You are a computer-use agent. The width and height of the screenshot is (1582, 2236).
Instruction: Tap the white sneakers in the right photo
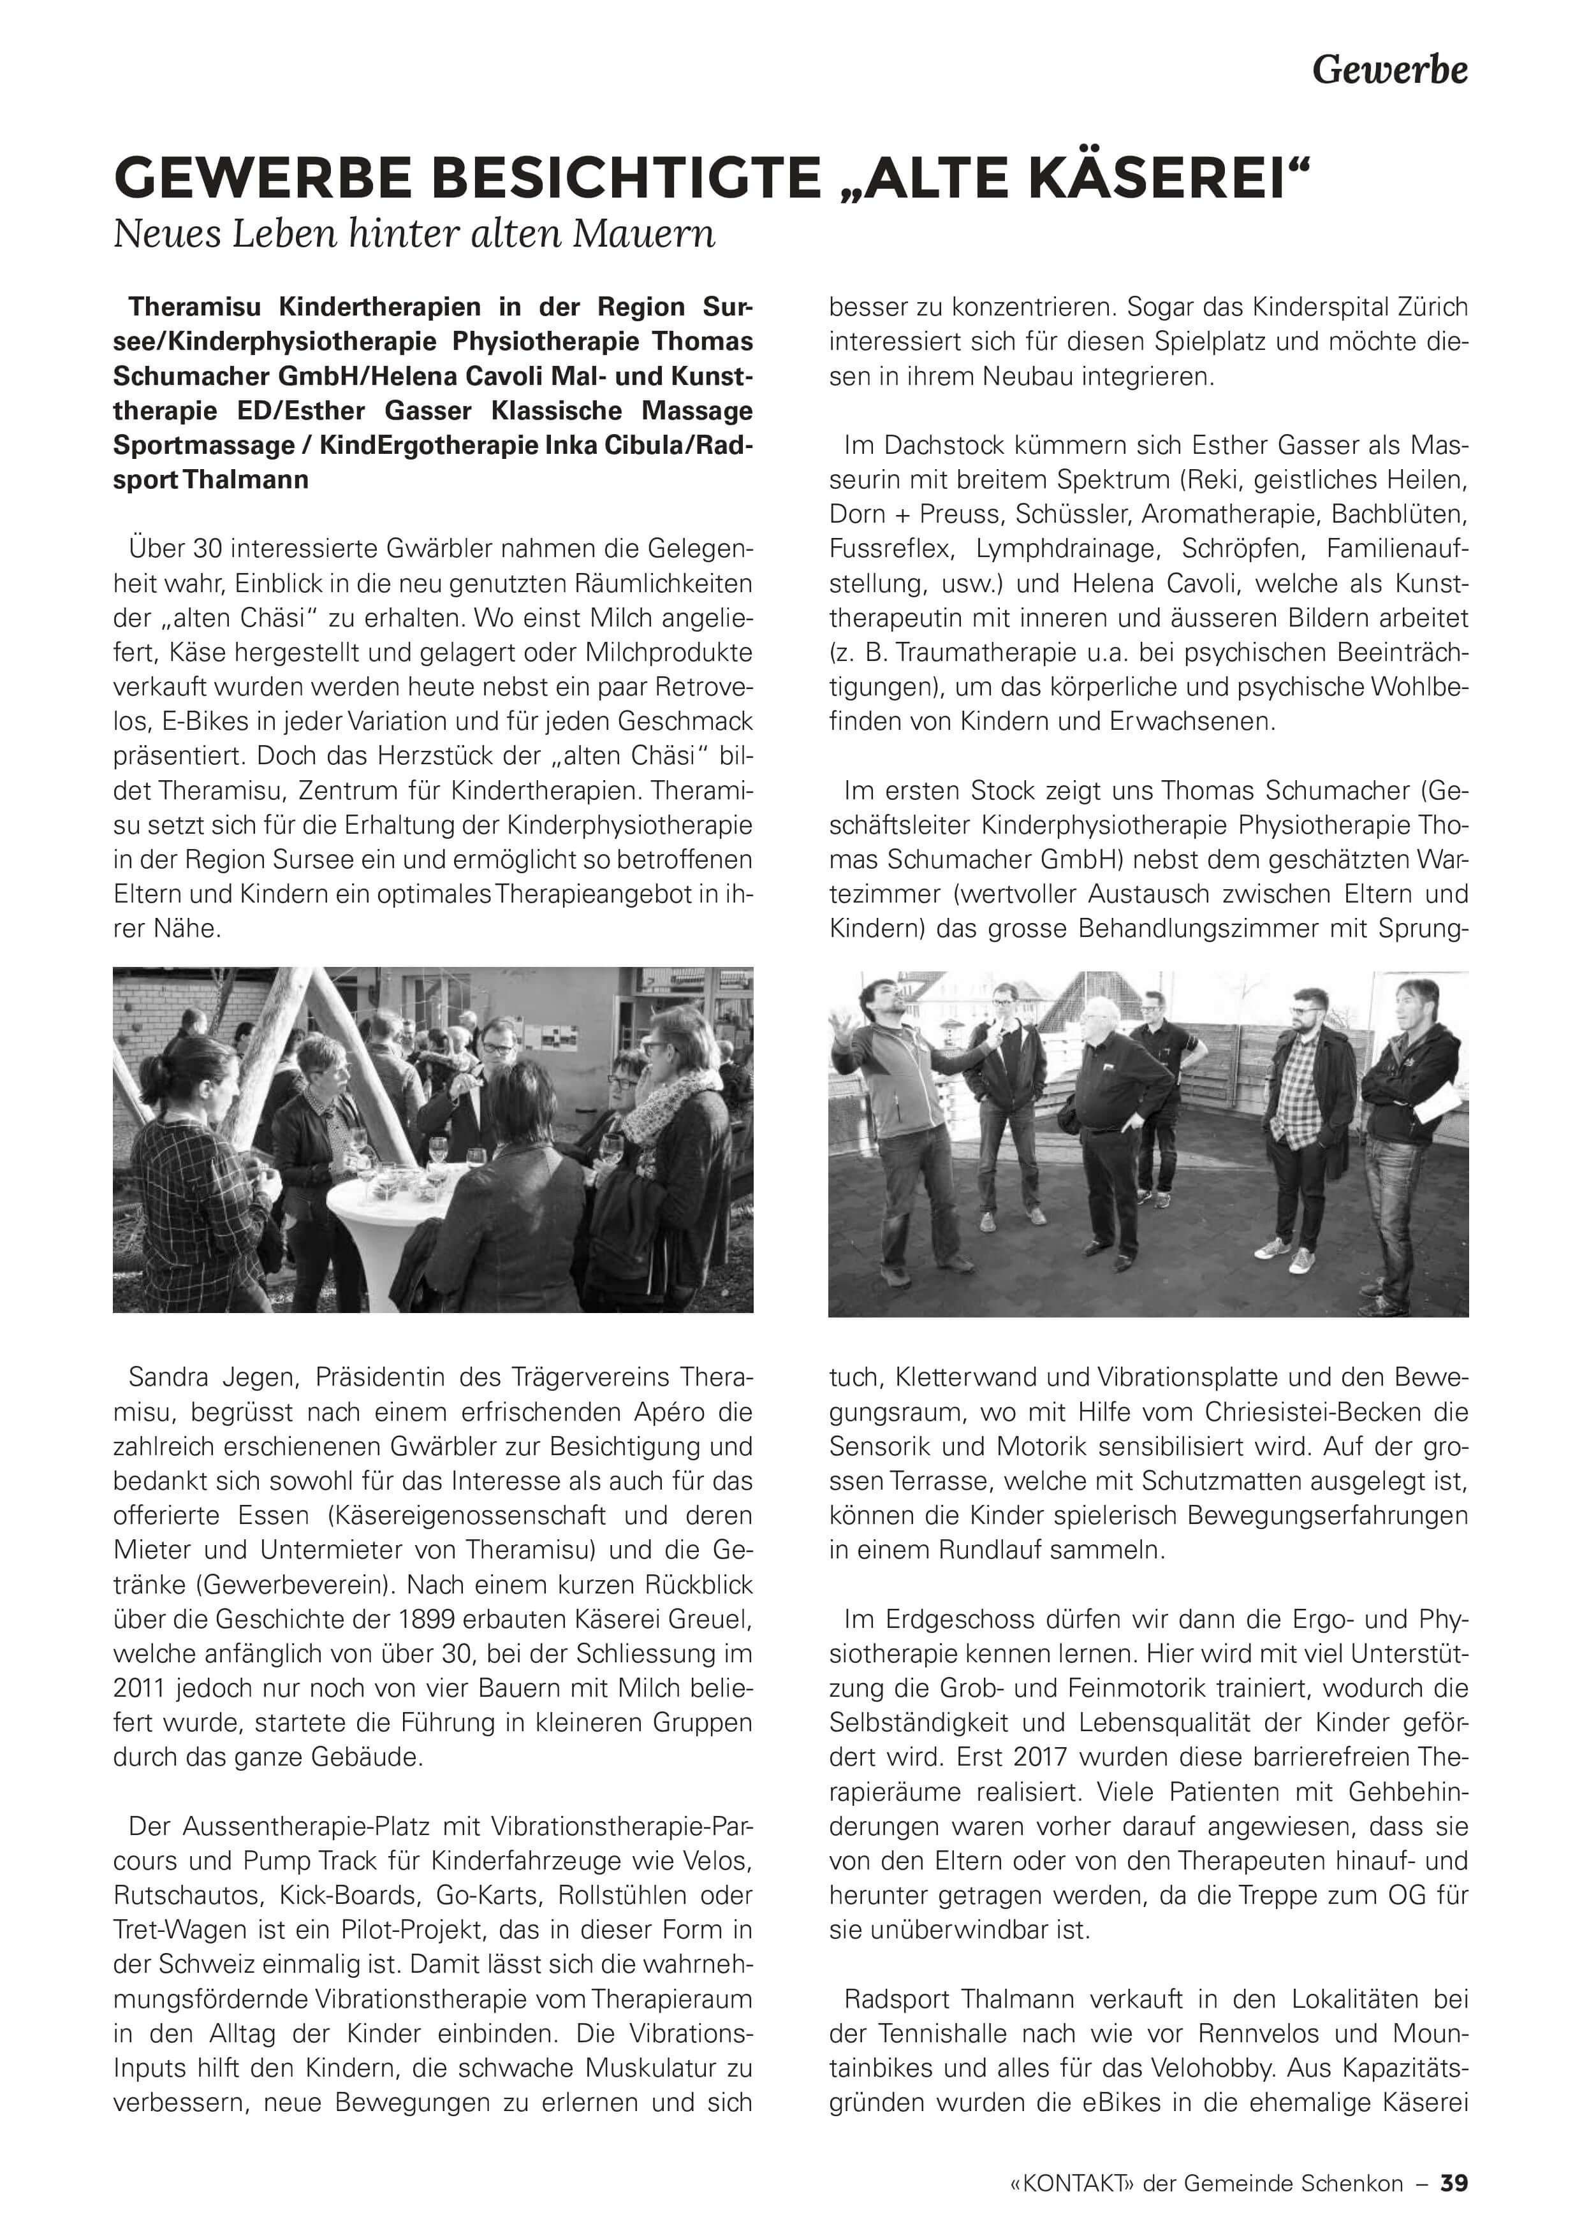point(1284,1256)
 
